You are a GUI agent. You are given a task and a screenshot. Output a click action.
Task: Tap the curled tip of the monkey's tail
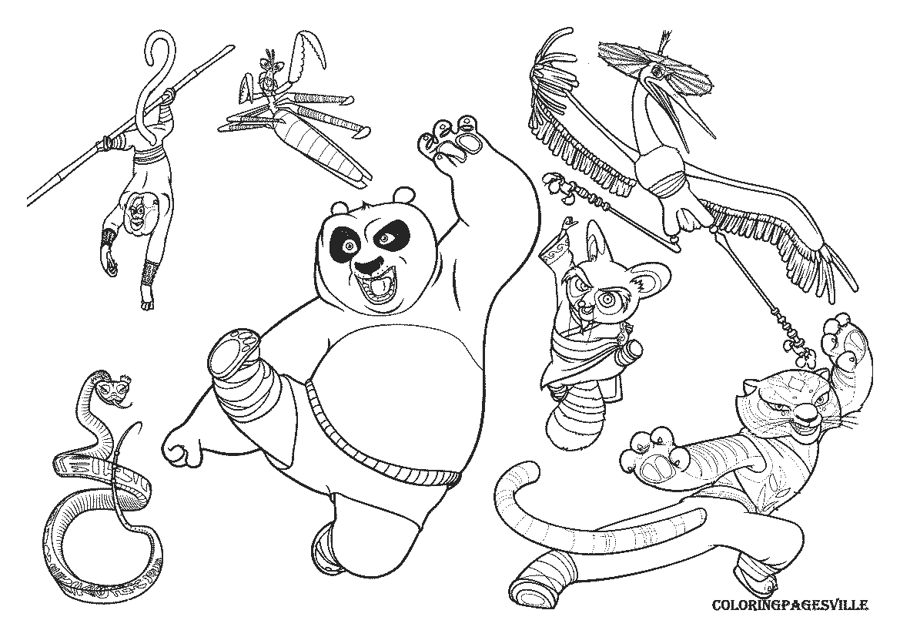tap(157, 46)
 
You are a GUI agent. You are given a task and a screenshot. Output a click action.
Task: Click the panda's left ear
tap(336, 208)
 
